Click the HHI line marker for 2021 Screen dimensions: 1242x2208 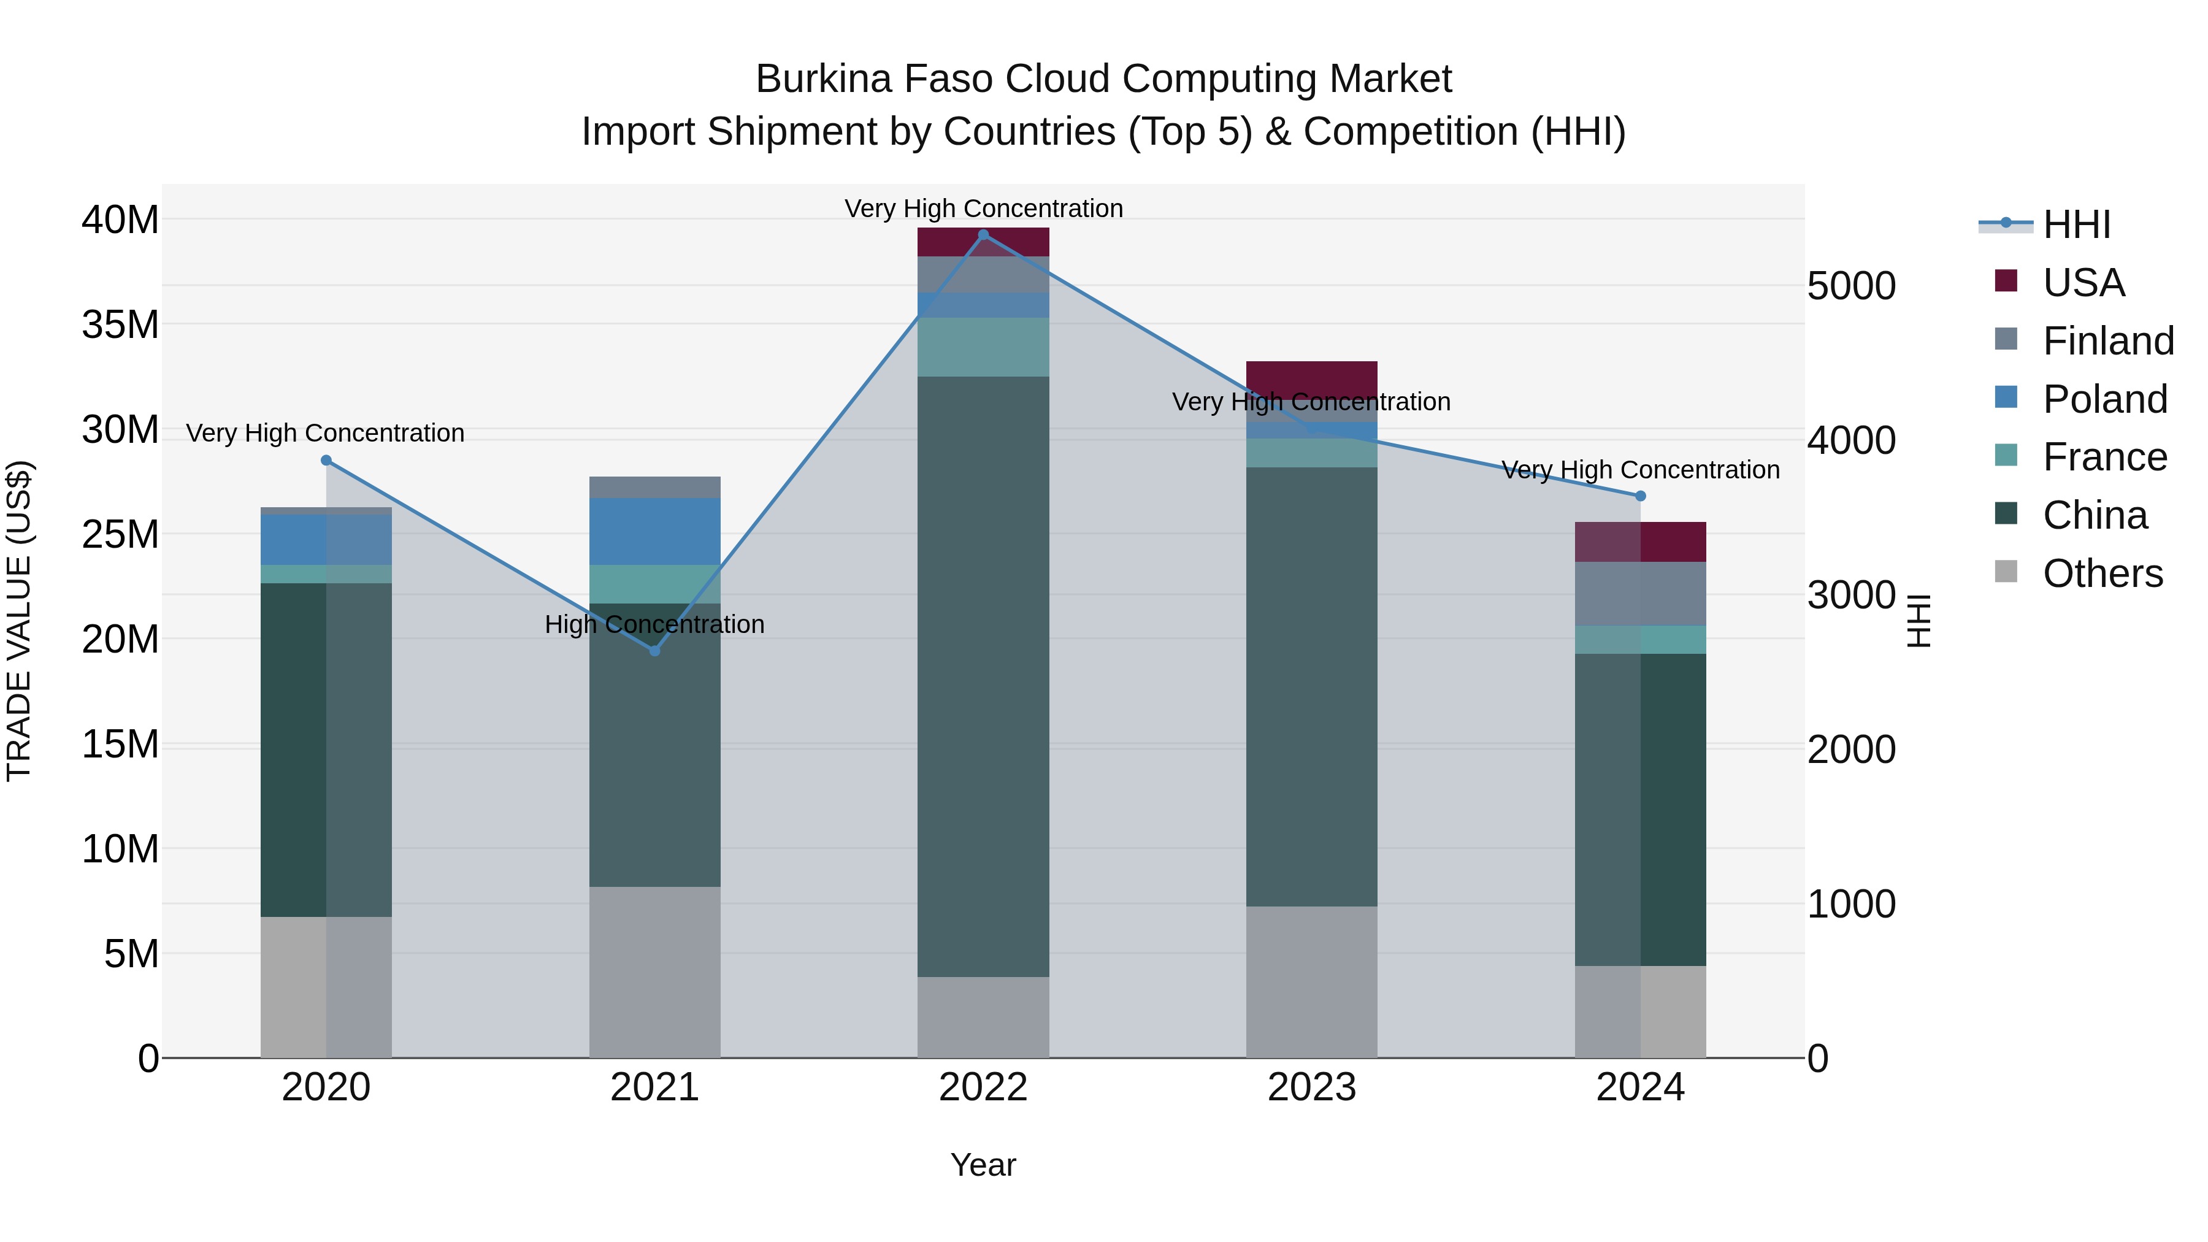click(x=655, y=651)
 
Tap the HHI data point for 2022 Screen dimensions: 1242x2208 click(x=983, y=235)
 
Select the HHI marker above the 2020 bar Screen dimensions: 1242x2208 click(x=326, y=460)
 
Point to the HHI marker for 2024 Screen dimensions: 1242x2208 click(x=1641, y=496)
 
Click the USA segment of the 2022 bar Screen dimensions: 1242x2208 click(x=983, y=242)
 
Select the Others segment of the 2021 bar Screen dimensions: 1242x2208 click(x=655, y=972)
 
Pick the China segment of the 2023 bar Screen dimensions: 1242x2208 click(x=1311, y=686)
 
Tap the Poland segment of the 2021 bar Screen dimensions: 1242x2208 click(x=655, y=531)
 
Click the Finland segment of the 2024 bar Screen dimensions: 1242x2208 click(x=1641, y=593)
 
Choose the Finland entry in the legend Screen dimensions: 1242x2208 click(x=2107, y=341)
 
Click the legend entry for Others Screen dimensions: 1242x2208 click(x=2102, y=573)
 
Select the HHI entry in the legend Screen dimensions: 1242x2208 click(x=2076, y=224)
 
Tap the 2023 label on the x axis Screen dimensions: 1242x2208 click(x=1311, y=1087)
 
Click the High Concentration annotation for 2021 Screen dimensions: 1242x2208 click(x=655, y=624)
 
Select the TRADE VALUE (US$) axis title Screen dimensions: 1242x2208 click(x=19, y=621)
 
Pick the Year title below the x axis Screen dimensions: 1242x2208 click(x=983, y=1165)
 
